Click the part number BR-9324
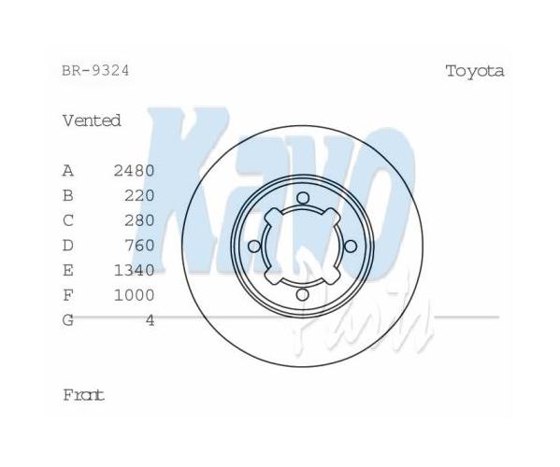pos(95,71)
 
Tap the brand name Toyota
pos(475,71)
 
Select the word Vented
pos(92,120)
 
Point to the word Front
pos(83,395)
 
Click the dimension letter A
pos(68,171)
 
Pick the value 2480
pos(134,171)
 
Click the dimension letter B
pos(68,195)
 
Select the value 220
pos(139,195)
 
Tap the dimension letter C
pos(68,220)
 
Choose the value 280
pos(139,220)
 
